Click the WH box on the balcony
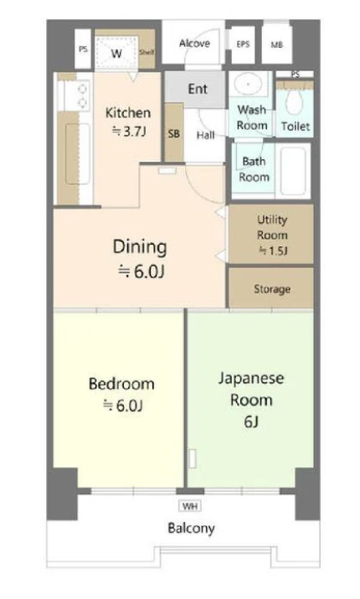tap(190, 506)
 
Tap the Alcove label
tap(194, 44)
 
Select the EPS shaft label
tap(243, 44)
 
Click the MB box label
tap(277, 44)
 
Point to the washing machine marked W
tap(116, 53)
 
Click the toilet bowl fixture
tap(295, 101)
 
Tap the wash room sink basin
tap(248, 83)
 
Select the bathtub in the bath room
tap(293, 171)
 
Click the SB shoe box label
tap(173, 134)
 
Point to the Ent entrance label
tap(198, 89)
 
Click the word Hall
tap(205, 135)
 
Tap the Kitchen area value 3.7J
tap(129, 132)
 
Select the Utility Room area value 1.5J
tap(273, 250)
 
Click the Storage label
tap(272, 289)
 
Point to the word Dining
tap(140, 247)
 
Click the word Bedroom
tap(121, 384)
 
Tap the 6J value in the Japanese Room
tap(251, 421)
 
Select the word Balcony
tap(191, 529)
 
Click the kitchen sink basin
tap(78, 153)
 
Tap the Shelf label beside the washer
tap(147, 52)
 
